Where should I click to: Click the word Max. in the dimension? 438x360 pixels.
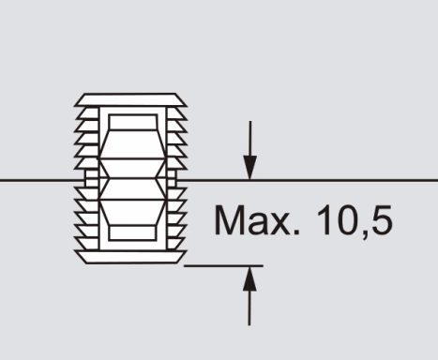(x=257, y=220)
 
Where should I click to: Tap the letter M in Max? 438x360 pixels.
(x=229, y=219)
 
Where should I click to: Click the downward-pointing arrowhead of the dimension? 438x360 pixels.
(x=249, y=167)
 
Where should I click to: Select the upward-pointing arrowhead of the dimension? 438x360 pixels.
(x=249, y=278)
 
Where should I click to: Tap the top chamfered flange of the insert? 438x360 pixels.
(x=130, y=99)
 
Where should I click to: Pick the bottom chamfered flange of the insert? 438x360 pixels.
(x=130, y=257)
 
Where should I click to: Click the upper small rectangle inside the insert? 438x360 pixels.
(x=132, y=122)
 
